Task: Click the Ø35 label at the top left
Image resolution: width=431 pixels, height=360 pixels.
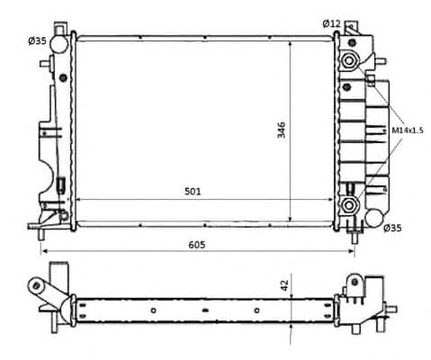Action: pos(37,40)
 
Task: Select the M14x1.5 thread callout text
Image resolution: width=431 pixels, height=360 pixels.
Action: pos(407,130)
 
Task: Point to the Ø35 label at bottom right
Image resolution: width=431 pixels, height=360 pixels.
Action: pos(392,229)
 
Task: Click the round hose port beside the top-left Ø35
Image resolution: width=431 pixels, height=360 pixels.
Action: pos(59,42)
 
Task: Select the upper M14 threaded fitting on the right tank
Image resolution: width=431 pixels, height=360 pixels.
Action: pos(348,60)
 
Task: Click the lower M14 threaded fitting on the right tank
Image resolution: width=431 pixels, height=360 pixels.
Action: pos(348,205)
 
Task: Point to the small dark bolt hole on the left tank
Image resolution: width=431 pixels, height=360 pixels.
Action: pos(63,76)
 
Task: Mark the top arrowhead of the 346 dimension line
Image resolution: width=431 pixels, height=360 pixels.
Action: pos(291,42)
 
